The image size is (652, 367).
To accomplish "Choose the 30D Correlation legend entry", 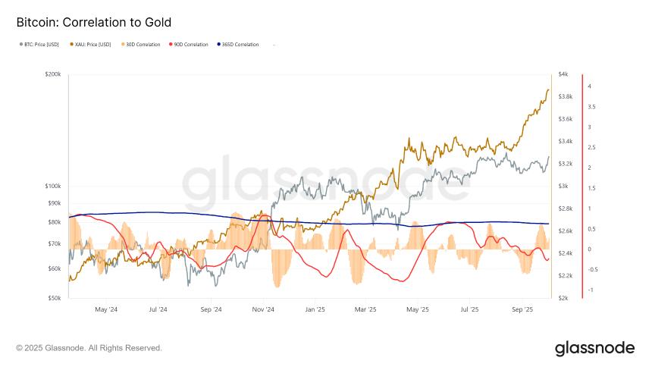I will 143,45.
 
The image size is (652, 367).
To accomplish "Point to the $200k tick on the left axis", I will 53,74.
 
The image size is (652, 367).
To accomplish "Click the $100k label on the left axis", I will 53,186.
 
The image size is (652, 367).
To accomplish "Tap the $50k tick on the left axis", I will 55,298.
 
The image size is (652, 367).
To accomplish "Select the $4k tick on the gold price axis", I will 563,74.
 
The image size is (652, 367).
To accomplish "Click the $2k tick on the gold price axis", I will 563,298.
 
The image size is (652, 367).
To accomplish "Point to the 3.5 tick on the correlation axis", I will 591,107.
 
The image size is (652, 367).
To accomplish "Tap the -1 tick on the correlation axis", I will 591,290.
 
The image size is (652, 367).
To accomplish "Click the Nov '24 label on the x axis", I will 263,309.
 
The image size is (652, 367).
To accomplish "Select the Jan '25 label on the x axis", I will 315,309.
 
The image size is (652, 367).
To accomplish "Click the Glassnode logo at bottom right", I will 594,348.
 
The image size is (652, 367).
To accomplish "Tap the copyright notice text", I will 89,348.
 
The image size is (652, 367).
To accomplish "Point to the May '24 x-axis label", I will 106,309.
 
